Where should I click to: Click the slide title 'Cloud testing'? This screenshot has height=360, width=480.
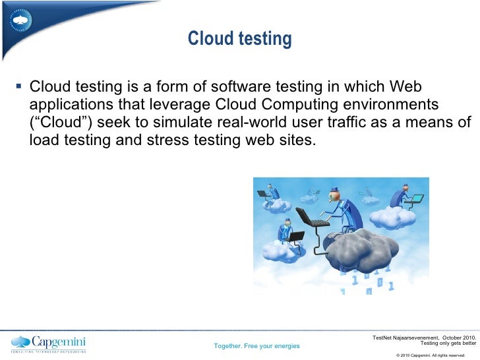tap(239, 40)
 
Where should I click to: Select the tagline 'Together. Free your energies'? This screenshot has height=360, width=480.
tap(257, 346)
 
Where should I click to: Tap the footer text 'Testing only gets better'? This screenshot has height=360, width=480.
tap(448, 343)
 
